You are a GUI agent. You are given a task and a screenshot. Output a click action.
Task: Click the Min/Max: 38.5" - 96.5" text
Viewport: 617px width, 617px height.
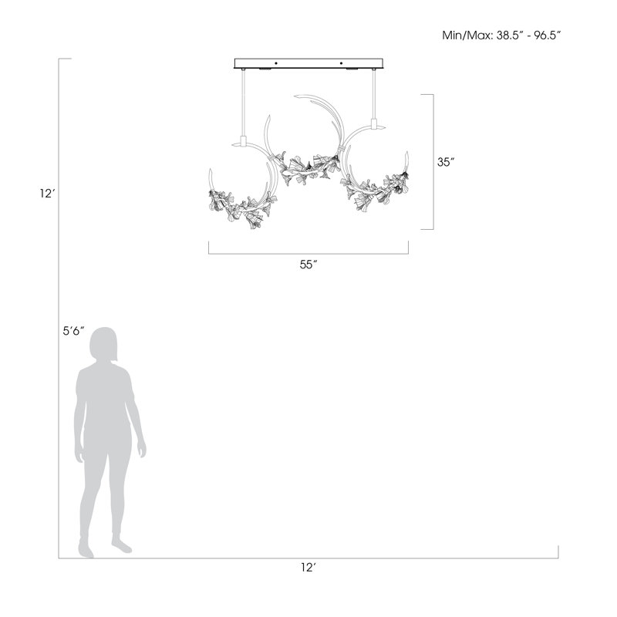tap(501, 35)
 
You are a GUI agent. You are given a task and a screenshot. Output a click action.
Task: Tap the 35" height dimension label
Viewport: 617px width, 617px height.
tap(447, 162)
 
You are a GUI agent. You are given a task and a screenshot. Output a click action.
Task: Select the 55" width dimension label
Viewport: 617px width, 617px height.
tap(308, 265)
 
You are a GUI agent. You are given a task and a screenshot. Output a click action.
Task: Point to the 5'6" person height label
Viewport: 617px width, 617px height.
tap(74, 331)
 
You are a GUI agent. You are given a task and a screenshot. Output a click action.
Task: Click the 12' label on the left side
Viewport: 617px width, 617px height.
tap(47, 194)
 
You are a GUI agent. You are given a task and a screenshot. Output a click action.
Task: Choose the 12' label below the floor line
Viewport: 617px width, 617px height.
tap(308, 568)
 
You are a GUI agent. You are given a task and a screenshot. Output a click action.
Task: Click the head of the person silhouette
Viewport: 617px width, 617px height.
tap(103, 344)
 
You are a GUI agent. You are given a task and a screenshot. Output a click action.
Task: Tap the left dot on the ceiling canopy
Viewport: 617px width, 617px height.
tap(275, 63)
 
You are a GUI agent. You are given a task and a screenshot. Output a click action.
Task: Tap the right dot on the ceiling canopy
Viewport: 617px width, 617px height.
tap(341, 63)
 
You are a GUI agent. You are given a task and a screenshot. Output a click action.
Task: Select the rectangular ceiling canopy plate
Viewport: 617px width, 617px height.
tap(308, 63)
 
